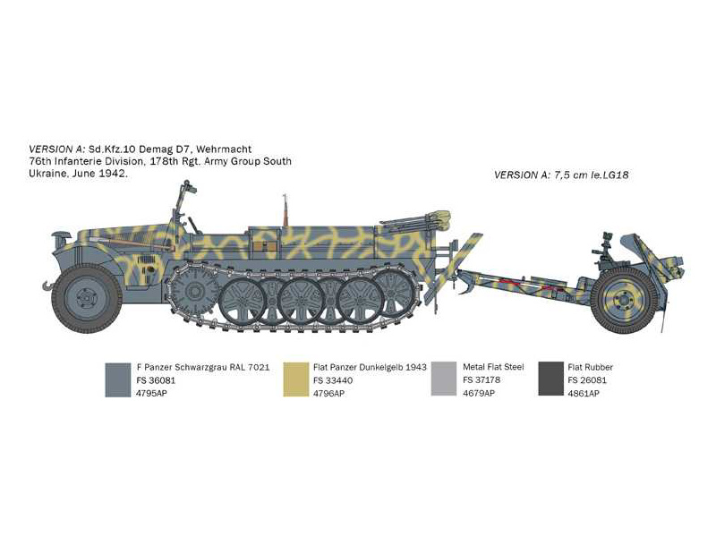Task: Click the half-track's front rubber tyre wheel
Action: pos(86,299)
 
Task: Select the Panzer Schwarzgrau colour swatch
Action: pos(118,379)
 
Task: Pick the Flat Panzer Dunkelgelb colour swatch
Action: pos(296,379)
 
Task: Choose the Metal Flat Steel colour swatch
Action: pos(444,379)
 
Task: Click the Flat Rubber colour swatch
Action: pos(551,379)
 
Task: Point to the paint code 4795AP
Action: pos(151,393)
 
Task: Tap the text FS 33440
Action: pos(333,380)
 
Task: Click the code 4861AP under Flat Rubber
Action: pos(584,393)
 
